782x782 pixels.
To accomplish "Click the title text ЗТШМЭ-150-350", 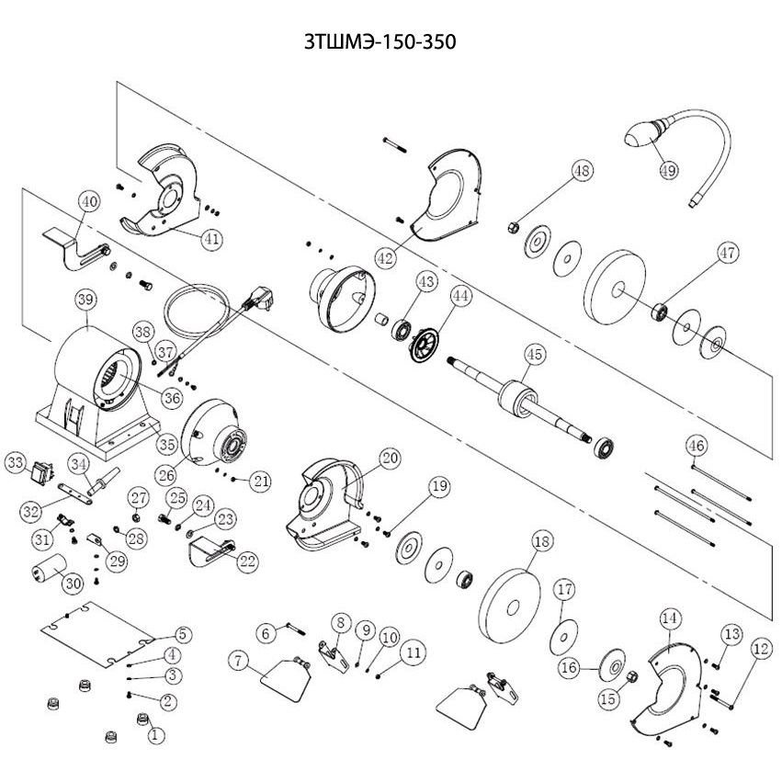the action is [x=380, y=42].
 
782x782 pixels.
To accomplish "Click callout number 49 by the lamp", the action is [x=668, y=170].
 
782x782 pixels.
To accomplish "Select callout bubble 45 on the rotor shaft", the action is [x=534, y=354].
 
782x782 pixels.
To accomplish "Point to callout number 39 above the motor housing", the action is [x=85, y=300].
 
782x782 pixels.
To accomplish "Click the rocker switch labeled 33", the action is [x=42, y=473].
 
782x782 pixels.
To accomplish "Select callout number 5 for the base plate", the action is [x=183, y=634].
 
